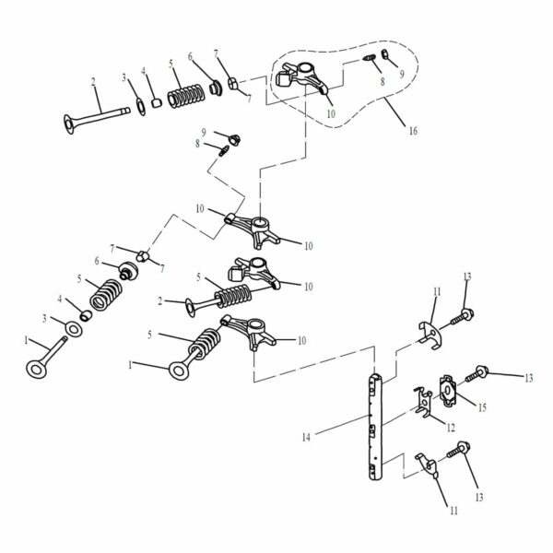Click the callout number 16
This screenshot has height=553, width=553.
(x=412, y=132)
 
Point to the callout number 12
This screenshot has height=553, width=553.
(x=451, y=427)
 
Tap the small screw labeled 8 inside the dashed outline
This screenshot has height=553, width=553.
(x=369, y=62)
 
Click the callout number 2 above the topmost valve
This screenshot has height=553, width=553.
(x=93, y=82)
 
